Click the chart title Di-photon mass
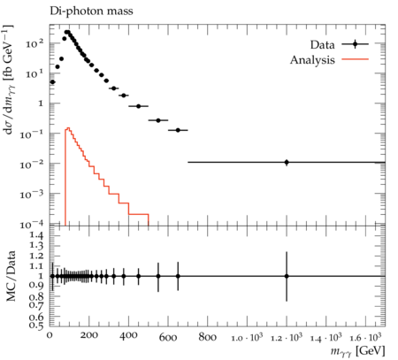91,11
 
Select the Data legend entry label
323,45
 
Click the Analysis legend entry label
312,60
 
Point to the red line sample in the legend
356,59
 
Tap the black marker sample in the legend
356,44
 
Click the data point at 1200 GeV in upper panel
287,162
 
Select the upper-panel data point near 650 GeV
178,130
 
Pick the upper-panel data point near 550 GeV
158,120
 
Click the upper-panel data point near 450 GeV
139,106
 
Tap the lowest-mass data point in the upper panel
52,82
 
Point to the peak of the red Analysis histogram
68,128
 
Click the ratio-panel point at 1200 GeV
287,276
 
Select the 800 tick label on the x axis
207,337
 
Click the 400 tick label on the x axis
128,336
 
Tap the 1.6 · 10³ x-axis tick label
365,337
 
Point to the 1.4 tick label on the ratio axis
37,235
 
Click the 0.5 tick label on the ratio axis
37,325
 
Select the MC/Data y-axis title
11,276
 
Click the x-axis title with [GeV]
357,351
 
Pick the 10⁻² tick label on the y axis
32,164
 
